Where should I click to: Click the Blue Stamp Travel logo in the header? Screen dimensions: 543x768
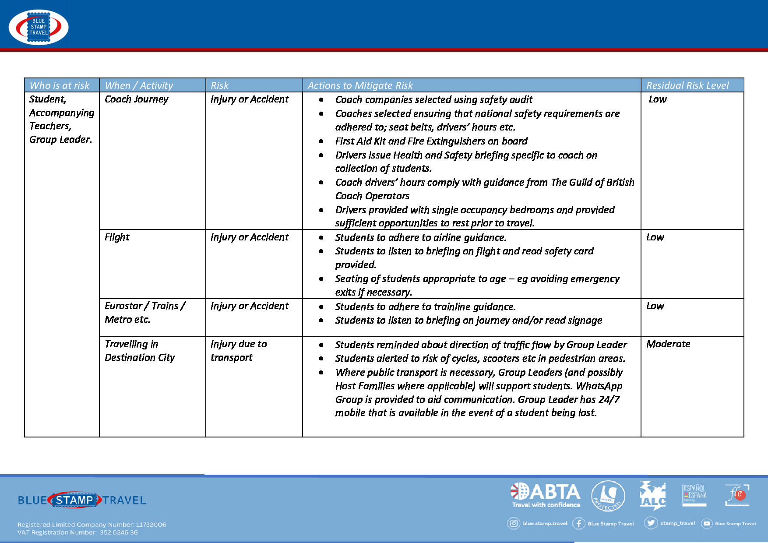click(x=39, y=27)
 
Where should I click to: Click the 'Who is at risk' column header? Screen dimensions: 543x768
click(x=60, y=85)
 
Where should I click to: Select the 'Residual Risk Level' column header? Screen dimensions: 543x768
click(x=687, y=85)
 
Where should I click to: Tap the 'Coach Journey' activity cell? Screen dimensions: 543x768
click(x=137, y=99)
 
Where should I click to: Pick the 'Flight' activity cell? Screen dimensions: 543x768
click(x=117, y=237)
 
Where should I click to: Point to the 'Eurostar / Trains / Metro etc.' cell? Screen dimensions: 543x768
click(x=144, y=313)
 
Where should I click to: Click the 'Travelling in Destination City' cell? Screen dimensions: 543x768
click(x=139, y=351)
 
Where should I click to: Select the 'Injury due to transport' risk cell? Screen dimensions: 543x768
click(x=238, y=351)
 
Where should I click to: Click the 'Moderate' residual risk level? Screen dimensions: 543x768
click(x=668, y=344)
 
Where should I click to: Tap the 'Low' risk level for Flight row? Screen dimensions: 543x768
click(x=655, y=237)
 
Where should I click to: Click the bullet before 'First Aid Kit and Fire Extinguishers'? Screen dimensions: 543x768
click(x=321, y=141)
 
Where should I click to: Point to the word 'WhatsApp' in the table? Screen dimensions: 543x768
click(x=599, y=386)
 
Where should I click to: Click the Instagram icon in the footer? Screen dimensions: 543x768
click(x=513, y=523)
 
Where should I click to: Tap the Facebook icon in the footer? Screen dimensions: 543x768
click(x=578, y=523)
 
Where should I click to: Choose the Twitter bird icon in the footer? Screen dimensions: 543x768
click(x=651, y=523)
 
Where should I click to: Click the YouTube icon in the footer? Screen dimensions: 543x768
click(x=707, y=523)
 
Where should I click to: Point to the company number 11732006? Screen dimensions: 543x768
click(x=151, y=525)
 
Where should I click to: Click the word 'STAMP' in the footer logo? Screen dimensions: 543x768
click(x=74, y=500)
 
